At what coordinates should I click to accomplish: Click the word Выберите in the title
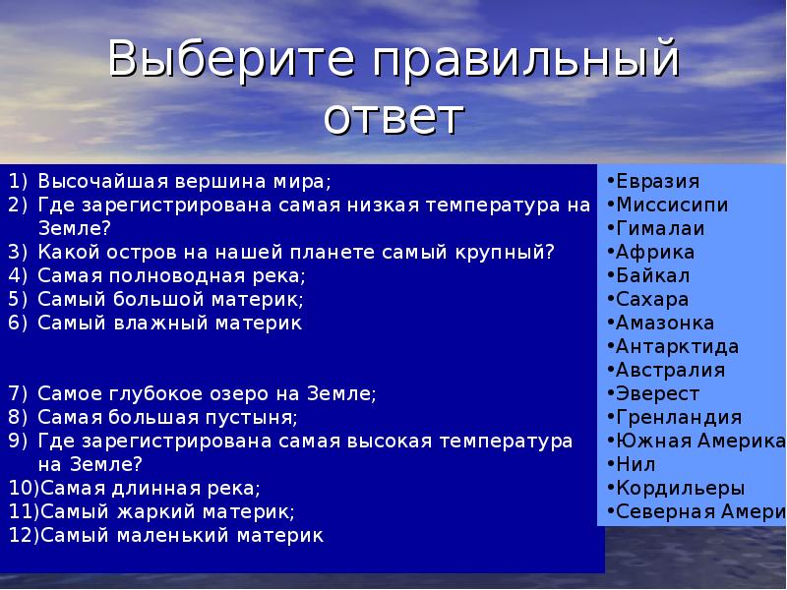click(231, 58)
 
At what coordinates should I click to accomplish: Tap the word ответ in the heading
click(393, 117)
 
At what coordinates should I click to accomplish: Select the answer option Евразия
click(657, 181)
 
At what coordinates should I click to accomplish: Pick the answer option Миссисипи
click(672, 205)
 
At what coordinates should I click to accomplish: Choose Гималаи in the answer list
click(660, 228)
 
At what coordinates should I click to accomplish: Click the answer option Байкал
click(653, 275)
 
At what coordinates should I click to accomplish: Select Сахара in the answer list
click(652, 300)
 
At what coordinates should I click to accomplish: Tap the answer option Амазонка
click(665, 323)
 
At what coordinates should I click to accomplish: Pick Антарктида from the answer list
click(678, 347)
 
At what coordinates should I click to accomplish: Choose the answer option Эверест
click(657, 394)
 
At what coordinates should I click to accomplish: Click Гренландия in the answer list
click(679, 417)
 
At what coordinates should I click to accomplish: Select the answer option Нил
click(636, 464)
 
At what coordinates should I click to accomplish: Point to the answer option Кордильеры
click(681, 488)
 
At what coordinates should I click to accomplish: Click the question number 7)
click(18, 394)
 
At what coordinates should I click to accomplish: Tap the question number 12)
click(24, 535)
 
